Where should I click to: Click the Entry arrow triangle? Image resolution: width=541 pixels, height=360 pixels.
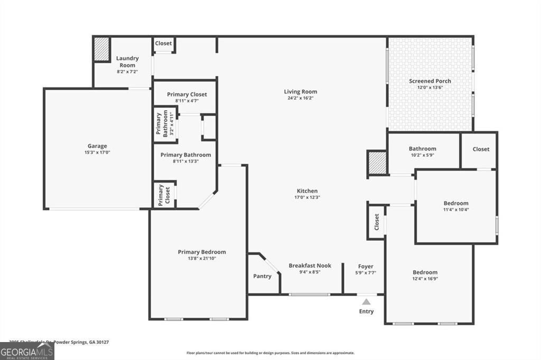[366, 302]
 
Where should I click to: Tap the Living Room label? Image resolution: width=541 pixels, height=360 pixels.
[300, 92]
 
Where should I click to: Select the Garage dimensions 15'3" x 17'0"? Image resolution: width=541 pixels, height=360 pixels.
[97, 152]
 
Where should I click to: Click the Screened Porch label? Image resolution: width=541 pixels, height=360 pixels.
[430, 81]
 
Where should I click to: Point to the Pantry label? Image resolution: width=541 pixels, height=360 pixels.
[263, 276]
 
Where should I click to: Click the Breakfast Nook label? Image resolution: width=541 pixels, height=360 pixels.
[310, 266]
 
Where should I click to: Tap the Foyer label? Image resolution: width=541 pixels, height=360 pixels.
[366, 267]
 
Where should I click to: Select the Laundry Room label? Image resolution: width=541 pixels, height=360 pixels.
[127, 62]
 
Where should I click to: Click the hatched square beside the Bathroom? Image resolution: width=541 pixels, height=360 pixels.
[377, 163]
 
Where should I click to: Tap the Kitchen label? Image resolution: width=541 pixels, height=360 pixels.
[307, 191]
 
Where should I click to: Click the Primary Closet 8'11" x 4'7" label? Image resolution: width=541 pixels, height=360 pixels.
[186, 94]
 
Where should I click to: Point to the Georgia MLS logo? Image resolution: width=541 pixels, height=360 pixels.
[27, 351]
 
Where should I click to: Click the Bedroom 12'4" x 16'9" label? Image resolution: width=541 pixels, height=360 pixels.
[425, 272]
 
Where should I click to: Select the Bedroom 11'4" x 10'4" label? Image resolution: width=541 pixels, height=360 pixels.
[455, 203]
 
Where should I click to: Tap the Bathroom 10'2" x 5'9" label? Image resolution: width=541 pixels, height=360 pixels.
[423, 149]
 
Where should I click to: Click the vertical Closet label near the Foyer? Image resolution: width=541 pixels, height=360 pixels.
[377, 222]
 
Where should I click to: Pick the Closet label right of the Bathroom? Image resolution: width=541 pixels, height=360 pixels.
[481, 149]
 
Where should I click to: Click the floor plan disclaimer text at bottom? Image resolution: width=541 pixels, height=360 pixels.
[270, 353]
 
